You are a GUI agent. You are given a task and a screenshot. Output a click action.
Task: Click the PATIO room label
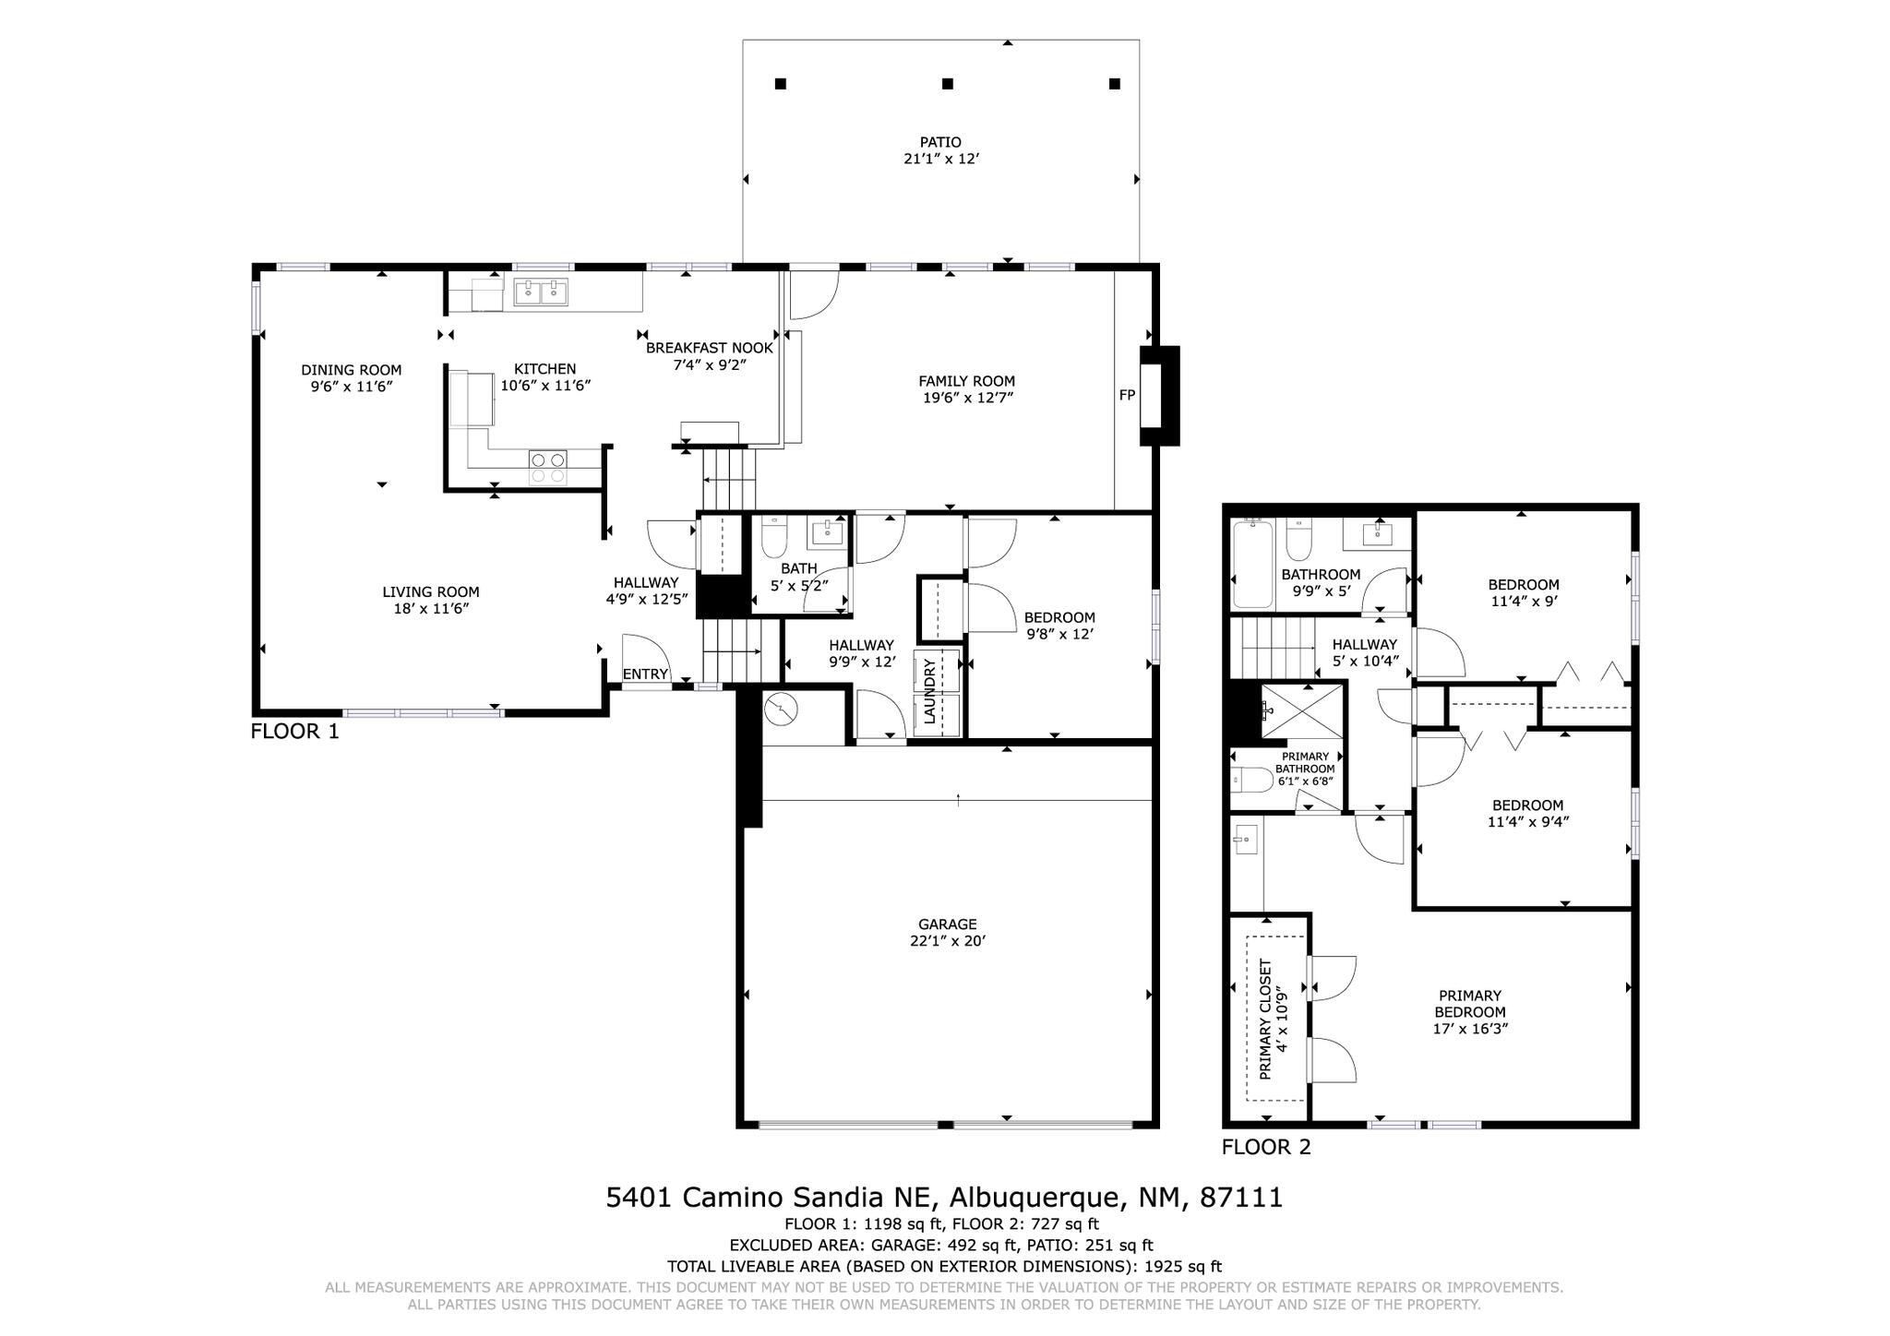940,142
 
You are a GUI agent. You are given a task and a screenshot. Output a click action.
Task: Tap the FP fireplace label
1127,395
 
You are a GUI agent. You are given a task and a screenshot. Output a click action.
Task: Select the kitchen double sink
541,292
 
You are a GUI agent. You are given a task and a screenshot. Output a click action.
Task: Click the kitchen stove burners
547,467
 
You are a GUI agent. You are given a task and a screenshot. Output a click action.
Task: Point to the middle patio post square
947,84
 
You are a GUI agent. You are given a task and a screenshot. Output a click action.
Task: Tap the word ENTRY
645,674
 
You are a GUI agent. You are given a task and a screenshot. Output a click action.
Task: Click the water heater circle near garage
781,709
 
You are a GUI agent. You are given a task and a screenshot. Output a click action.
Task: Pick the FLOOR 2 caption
1265,1147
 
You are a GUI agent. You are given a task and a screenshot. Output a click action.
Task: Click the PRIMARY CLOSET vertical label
1265,1018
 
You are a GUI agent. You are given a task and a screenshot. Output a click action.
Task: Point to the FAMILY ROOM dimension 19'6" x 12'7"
966,398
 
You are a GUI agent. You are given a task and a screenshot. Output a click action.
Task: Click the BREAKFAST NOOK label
709,348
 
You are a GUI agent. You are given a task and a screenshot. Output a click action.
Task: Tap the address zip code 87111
1240,1198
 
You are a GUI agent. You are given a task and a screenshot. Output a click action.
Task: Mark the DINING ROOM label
351,370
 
